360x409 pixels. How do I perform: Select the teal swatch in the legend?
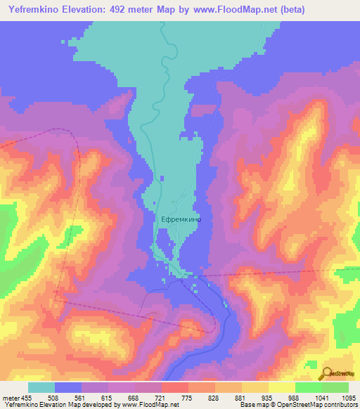coord(41,387)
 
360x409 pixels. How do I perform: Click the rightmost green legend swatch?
coord(335,387)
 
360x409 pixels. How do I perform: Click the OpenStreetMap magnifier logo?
coord(326,373)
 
